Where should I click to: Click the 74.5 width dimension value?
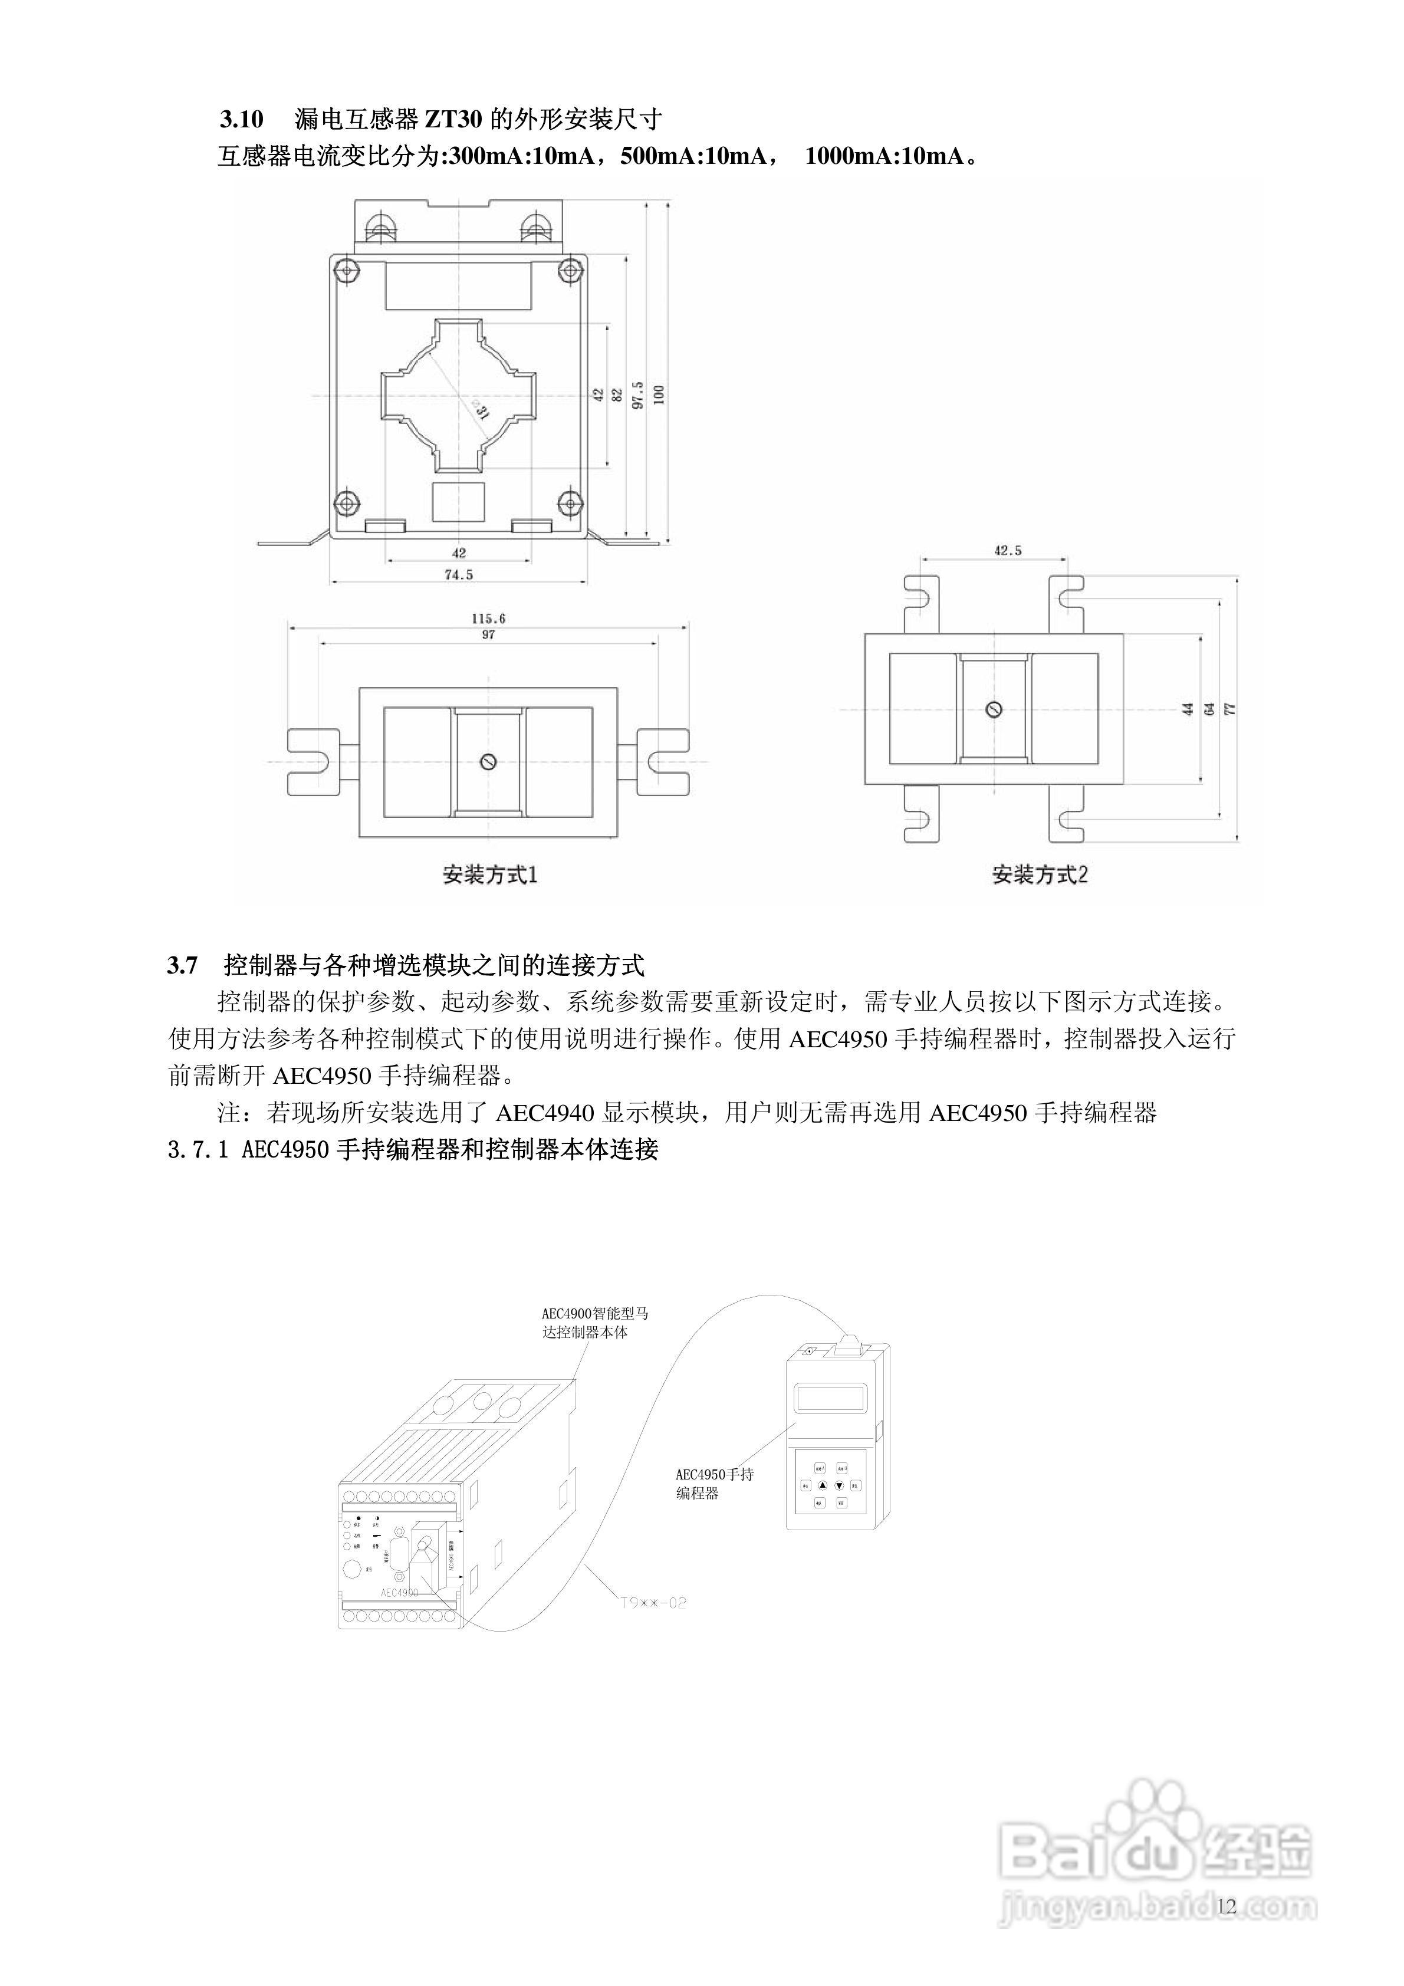click(x=459, y=574)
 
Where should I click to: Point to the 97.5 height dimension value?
click(x=637, y=394)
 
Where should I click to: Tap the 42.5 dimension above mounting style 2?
click(x=1008, y=550)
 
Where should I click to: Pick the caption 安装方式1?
click(x=489, y=874)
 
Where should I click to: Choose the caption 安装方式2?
click(x=1039, y=874)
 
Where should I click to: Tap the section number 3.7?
click(x=183, y=965)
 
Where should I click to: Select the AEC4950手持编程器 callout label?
click(x=713, y=1484)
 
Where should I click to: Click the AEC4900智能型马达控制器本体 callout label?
click(x=594, y=1323)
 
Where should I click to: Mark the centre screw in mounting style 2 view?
click(x=994, y=710)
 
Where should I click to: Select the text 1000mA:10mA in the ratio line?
click(x=884, y=157)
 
